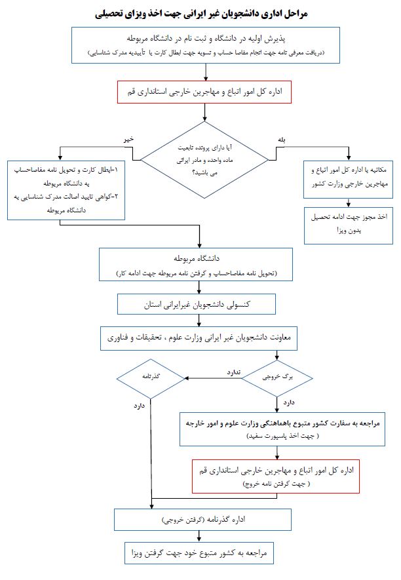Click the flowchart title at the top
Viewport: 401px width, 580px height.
pos(200,13)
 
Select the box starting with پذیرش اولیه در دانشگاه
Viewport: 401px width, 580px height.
pos(200,44)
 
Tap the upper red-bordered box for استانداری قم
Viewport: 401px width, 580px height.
pos(200,91)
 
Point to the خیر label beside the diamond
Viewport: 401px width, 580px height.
pos(128,139)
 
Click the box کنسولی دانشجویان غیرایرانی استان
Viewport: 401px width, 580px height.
pos(200,305)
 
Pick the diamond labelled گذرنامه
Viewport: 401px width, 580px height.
pos(151,378)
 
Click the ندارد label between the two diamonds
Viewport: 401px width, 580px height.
pos(234,372)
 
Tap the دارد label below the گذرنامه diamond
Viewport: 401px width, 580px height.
pos(138,406)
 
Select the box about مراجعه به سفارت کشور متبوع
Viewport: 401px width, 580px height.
pos(282,429)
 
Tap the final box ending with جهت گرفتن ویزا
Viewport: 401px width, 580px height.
pos(200,552)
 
